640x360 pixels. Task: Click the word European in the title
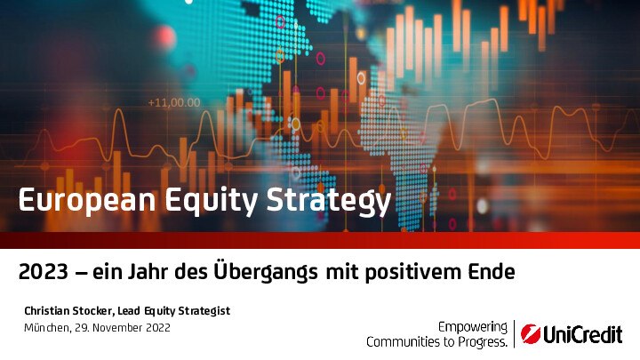[x=87, y=200]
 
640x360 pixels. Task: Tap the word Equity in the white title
[x=212, y=201]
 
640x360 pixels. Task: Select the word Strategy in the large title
[x=329, y=201]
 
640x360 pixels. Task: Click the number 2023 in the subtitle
[x=44, y=271]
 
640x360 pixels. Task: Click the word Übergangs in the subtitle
[x=266, y=270]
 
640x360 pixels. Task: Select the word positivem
[x=412, y=272]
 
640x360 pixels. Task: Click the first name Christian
[x=47, y=311]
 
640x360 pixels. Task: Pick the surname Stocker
[x=93, y=311]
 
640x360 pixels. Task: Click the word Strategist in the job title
[x=204, y=311]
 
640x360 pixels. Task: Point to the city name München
[x=47, y=328]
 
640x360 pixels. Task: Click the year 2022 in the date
[x=158, y=328]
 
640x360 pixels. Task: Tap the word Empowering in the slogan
[x=473, y=327]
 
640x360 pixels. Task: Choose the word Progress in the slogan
[x=483, y=342]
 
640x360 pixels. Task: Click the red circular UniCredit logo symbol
[x=531, y=334]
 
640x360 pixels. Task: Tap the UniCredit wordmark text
[x=583, y=335]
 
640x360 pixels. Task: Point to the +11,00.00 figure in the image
[x=174, y=102]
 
